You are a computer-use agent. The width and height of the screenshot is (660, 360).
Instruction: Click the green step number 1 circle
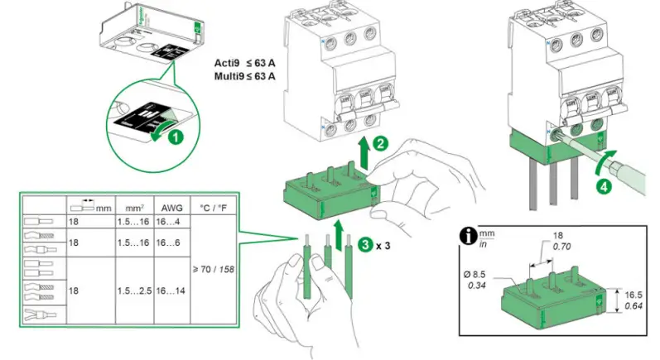click(x=175, y=137)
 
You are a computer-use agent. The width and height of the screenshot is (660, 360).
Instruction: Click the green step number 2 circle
click(x=379, y=142)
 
